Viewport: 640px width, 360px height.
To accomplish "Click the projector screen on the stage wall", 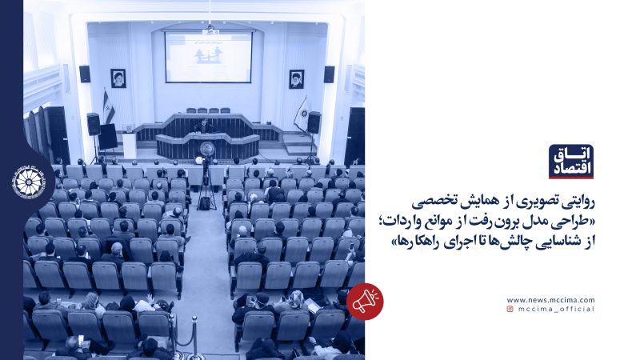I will point(208,56).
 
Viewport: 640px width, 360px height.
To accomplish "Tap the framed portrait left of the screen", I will point(118,78).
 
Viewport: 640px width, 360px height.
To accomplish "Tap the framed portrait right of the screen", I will point(296,78).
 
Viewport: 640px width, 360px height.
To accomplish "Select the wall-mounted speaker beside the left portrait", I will point(85,74).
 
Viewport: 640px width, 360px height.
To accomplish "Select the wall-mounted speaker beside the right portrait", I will point(329,74).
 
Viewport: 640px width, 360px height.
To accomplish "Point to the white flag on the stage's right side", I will point(302,113).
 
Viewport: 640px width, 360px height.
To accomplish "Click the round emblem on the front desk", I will point(207,148).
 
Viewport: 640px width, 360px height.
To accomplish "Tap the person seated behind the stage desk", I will point(206,125).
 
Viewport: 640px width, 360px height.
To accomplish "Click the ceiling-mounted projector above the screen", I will point(210,29).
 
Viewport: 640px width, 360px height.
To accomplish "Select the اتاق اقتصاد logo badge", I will point(570,162).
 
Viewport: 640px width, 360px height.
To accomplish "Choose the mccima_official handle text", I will point(555,308).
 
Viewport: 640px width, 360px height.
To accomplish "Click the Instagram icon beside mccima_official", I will point(510,308).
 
